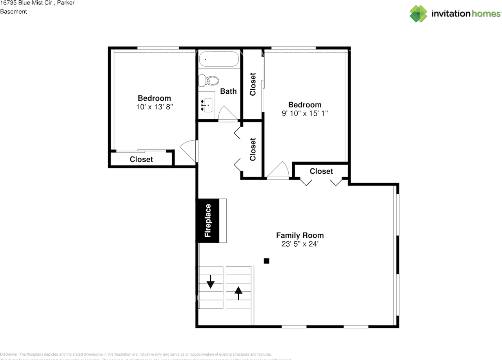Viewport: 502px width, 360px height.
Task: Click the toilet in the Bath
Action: [209, 81]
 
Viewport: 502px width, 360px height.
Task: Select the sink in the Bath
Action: [207, 105]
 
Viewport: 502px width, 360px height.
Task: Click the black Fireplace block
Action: [207, 220]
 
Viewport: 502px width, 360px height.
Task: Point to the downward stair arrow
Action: [211, 281]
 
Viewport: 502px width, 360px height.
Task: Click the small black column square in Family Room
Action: [266, 261]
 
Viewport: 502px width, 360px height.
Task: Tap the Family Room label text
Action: [300, 235]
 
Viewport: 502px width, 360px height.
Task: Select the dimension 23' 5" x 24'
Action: [300, 244]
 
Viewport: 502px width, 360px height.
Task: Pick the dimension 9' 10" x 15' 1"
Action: [305, 113]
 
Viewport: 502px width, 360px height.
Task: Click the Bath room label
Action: [228, 91]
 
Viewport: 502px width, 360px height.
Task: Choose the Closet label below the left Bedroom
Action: [141, 159]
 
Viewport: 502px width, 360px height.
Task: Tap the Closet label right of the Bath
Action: [253, 84]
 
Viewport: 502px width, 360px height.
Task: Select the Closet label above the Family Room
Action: [321, 171]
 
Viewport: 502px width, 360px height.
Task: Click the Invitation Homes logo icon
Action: [418, 14]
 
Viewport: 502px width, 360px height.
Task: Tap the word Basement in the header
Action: [13, 11]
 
